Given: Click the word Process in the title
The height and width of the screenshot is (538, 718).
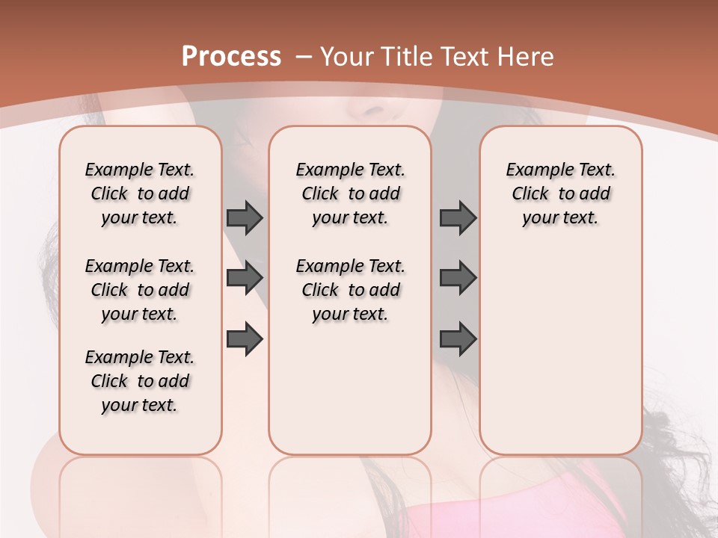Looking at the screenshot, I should [x=231, y=56].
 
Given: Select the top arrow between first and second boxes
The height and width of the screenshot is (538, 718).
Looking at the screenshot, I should [x=245, y=217].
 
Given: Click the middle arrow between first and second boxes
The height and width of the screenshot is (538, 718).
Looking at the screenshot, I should [x=245, y=278].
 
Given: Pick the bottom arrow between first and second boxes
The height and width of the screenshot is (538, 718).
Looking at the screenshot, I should [x=245, y=338].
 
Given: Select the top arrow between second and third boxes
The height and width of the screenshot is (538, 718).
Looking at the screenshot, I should [x=458, y=217].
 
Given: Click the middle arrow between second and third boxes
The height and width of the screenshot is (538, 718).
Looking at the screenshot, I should [x=458, y=278].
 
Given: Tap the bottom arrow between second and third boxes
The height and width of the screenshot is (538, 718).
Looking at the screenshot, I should [x=458, y=338].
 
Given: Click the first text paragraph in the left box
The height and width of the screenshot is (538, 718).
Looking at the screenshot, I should [x=140, y=194].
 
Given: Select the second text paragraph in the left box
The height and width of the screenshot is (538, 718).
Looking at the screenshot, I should [x=140, y=290].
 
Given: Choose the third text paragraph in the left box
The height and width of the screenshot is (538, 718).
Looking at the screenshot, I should [x=140, y=381].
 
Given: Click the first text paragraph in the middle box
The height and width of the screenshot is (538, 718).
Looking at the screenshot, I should [x=350, y=194].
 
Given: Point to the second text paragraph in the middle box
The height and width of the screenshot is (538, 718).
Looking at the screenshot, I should [x=350, y=290].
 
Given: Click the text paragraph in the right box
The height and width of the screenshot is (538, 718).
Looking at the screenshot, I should [x=560, y=194].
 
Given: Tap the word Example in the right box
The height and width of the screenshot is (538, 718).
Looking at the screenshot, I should [x=532, y=170].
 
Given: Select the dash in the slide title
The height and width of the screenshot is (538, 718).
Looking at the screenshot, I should [x=303, y=56].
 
